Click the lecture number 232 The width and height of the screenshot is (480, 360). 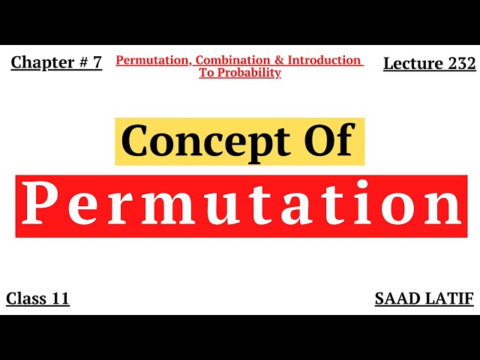coord(461,64)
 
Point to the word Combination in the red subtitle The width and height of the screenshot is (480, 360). coord(228,60)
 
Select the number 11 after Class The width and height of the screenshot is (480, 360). coord(60,298)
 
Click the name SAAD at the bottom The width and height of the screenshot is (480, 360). coord(399,298)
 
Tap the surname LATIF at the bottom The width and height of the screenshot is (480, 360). coord(451,298)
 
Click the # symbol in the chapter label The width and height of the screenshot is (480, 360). coord(82,63)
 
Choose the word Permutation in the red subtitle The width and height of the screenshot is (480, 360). coord(150,60)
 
